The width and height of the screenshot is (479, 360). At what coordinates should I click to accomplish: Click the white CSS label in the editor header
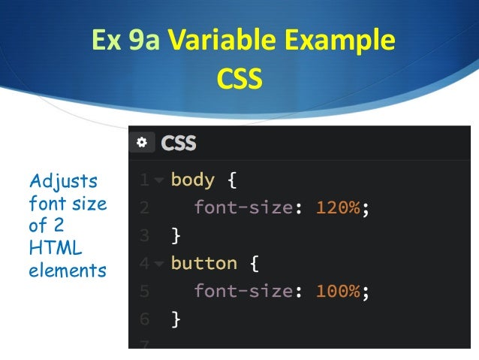[179, 142]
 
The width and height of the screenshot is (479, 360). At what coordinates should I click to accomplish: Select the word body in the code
[192, 180]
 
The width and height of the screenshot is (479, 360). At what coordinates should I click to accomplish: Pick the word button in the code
[203, 263]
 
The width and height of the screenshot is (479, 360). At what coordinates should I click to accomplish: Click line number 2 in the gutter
[143, 208]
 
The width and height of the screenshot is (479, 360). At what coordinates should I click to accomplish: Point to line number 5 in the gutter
[143, 292]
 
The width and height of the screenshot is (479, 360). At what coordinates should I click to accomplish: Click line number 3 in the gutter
[143, 236]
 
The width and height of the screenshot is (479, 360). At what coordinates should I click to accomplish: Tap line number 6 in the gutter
[143, 319]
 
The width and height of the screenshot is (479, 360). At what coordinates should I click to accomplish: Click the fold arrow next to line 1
[158, 181]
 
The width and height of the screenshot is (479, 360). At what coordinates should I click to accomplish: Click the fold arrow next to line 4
[158, 264]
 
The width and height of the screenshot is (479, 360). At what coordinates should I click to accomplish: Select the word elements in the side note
[68, 271]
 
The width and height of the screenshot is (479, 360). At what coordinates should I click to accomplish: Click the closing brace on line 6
[176, 319]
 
